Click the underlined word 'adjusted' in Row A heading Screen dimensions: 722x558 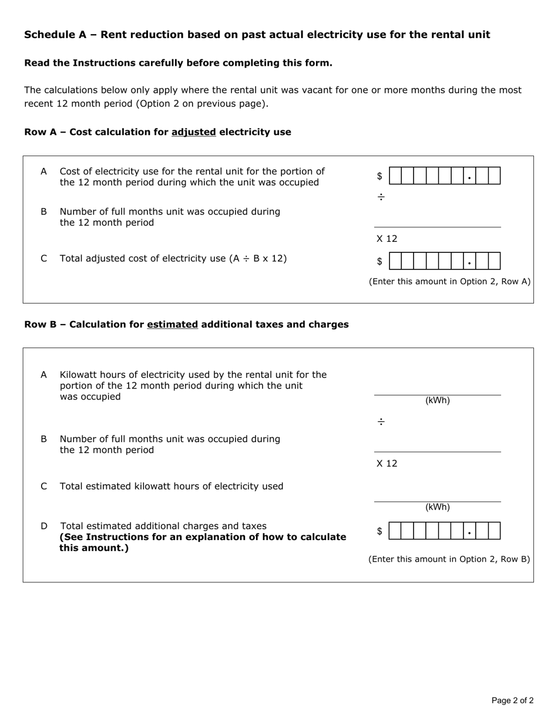pyautogui.click(x=193, y=132)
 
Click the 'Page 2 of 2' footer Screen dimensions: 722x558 pyautogui.click(x=512, y=700)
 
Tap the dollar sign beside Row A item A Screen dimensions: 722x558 pyautogui.click(x=380, y=176)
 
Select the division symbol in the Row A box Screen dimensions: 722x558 pyautogui.click(x=381, y=197)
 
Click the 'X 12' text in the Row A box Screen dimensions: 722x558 pyautogui.click(x=387, y=239)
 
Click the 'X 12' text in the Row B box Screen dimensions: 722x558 pyautogui.click(x=387, y=464)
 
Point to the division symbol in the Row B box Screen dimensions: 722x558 pyautogui.click(x=381, y=422)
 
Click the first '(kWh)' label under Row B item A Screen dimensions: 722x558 pyautogui.click(x=438, y=401)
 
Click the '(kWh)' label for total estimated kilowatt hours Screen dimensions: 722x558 pyautogui.click(x=438, y=508)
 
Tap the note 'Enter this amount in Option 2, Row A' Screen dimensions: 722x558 pyautogui.click(x=449, y=282)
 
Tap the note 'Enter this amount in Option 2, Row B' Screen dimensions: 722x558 pyautogui.click(x=449, y=559)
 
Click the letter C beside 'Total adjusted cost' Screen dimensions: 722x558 pyautogui.click(x=44, y=258)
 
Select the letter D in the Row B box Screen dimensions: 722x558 pyautogui.click(x=44, y=526)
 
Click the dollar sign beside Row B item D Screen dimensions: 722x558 pyautogui.click(x=380, y=531)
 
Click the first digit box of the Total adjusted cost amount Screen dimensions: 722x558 pyautogui.click(x=395, y=261)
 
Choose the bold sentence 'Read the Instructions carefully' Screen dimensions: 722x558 pyautogui.click(x=178, y=63)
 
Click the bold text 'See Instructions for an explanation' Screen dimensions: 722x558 pyautogui.click(x=203, y=537)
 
